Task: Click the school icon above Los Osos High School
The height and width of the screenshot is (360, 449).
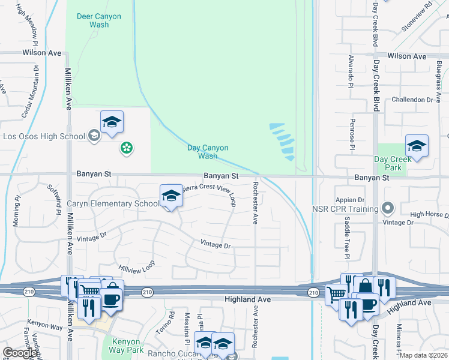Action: tap(112, 123)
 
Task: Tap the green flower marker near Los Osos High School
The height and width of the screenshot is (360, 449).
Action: tap(126, 148)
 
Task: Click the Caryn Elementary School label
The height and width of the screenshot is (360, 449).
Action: tap(112, 204)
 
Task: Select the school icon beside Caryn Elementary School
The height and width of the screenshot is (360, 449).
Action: tap(171, 196)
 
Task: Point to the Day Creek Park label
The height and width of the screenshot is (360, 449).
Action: tap(393, 163)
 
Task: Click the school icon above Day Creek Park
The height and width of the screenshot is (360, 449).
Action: tap(417, 146)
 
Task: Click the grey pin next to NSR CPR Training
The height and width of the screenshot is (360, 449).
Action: tap(388, 209)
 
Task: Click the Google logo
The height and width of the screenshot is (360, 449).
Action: tap(19, 353)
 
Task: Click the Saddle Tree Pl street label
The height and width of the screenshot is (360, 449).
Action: tap(347, 238)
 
